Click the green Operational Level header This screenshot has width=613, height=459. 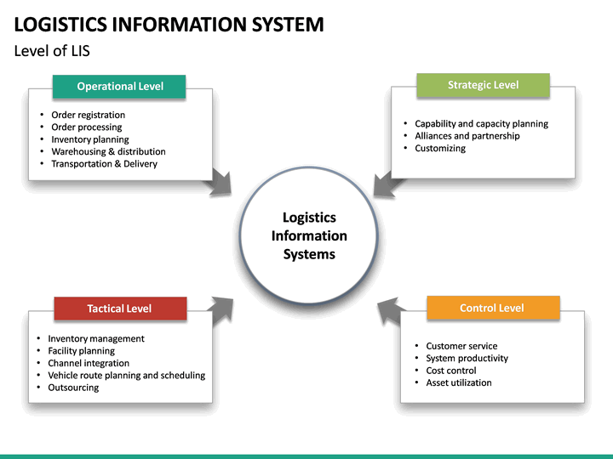click(x=119, y=86)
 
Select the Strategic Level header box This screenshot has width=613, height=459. click(x=483, y=85)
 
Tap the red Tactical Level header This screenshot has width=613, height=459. click(x=119, y=309)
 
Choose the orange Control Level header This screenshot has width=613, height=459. click(x=492, y=308)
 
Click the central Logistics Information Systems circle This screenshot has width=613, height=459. click(x=309, y=235)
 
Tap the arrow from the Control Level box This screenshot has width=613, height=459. click(x=390, y=310)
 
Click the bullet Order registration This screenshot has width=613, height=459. click(x=88, y=115)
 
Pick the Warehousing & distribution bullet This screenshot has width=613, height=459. click(x=108, y=151)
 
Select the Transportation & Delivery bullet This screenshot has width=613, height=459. click(x=104, y=164)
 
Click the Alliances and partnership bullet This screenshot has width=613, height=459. click(x=467, y=136)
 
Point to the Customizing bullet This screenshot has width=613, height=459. click(x=440, y=148)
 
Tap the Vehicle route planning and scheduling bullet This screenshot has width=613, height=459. click(x=126, y=375)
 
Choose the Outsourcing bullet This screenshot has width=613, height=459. click(x=73, y=388)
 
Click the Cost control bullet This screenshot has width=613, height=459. click(x=451, y=371)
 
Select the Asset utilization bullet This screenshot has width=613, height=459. click(x=459, y=382)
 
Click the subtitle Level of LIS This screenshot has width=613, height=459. click(x=52, y=51)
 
